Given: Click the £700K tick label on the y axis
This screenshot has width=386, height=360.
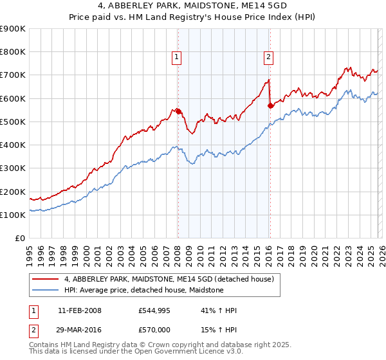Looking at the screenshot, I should pos(13,75).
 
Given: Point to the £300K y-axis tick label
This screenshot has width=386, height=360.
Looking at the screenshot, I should pos(13,168).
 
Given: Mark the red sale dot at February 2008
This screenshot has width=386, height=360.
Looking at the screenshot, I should pos(178,111).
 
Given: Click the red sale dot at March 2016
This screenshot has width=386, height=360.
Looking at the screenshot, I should pos(270,105).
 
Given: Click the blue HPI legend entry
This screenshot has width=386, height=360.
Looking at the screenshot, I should pos(143,290).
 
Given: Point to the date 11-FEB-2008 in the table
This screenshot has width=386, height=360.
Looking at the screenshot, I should pos(79,310).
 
